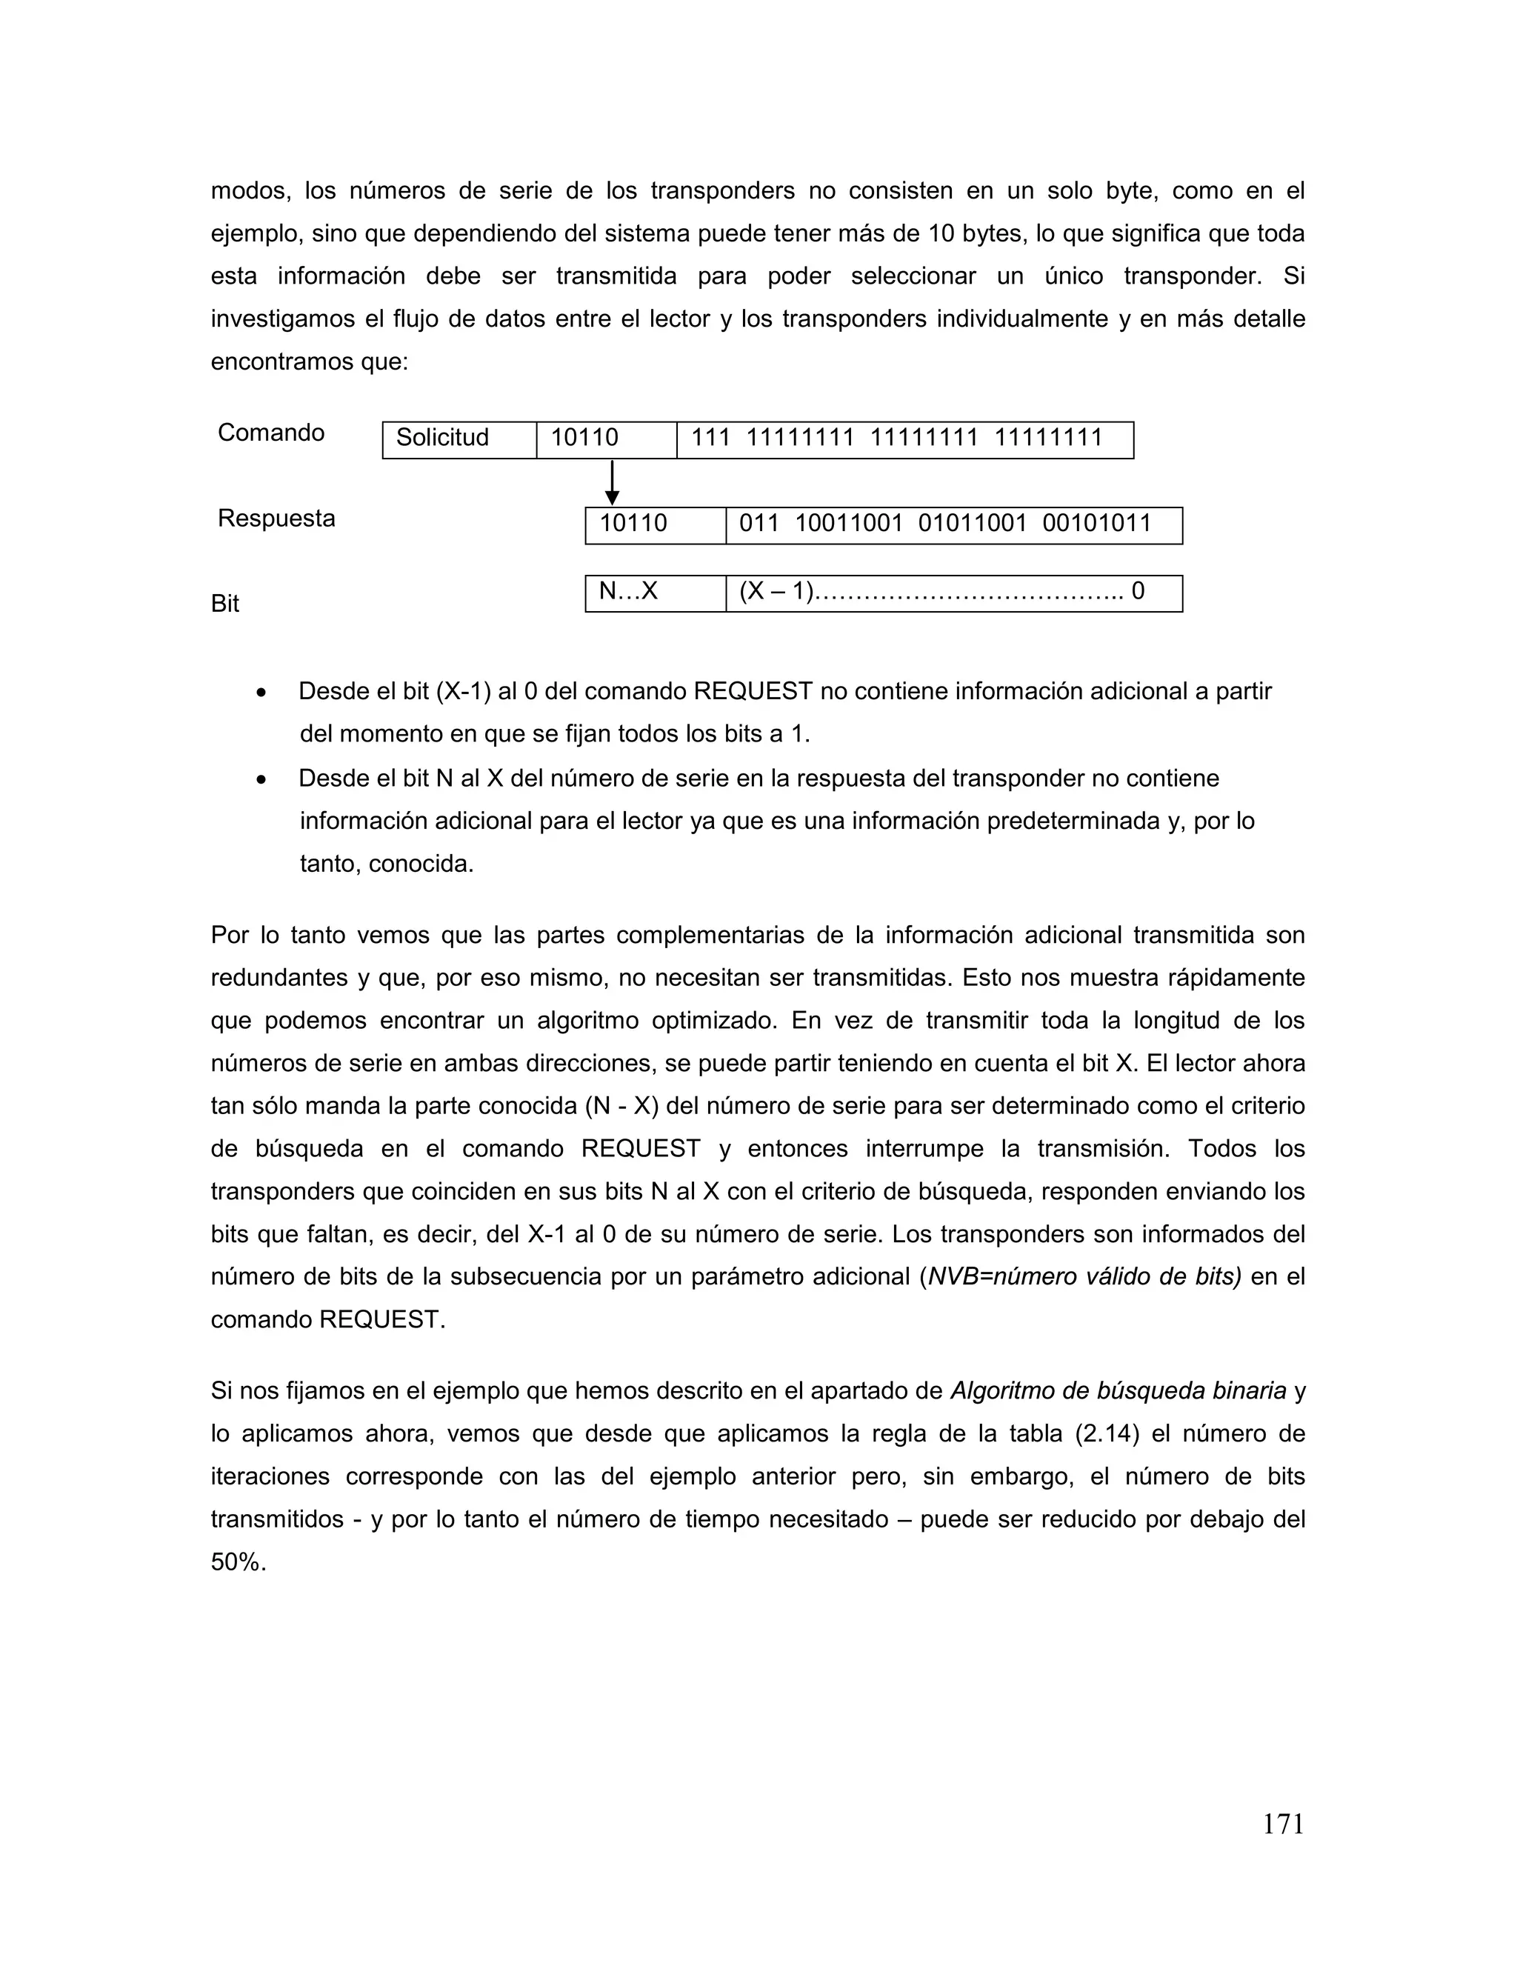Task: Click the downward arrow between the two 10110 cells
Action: (612, 483)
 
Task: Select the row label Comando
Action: (270, 433)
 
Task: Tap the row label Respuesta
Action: (276, 519)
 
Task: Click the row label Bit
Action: (224, 604)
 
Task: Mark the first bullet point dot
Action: (261, 693)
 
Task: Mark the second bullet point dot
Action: (261, 780)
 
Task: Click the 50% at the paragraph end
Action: (239, 1562)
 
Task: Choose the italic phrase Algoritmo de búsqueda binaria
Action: (1118, 1391)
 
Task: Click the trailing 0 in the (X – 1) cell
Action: (1138, 593)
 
